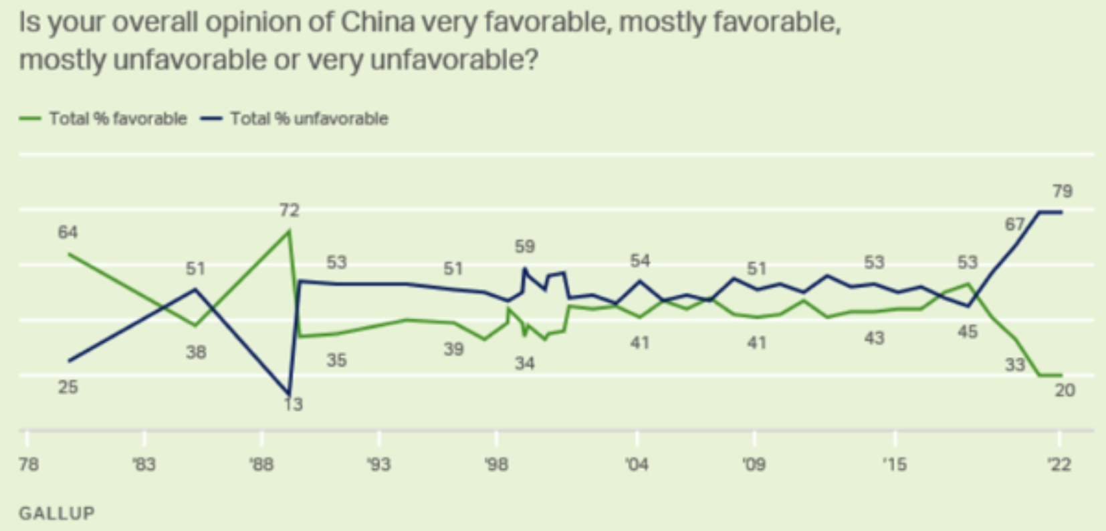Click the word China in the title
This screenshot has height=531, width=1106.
pyautogui.click(x=378, y=22)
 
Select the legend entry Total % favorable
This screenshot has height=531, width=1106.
pyautogui.click(x=117, y=118)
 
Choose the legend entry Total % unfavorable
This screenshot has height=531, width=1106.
pyautogui.click(x=308, y=118)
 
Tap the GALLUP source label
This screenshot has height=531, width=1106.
pyautogui.click(x=57, y=513)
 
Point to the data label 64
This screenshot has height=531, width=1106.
pyautogui.click(x=68, y=232)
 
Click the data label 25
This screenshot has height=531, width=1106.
pyautogui.click(x=68, y=387)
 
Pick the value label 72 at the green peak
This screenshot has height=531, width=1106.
pyautogui.click(x=289, y=210)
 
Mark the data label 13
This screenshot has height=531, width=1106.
pyautogui.click(x=293, y=404)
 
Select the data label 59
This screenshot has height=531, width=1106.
pyautogui.click(x=525, y=246)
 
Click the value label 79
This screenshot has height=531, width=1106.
pyautogui.click(x=1062, y=191)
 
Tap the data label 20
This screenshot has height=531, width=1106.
pyautogui.click(x=1065, y=389)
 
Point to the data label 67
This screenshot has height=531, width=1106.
pyautogui.click(x=1014, y=224)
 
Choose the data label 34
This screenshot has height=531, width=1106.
pyautogui.click(x=525, y=363)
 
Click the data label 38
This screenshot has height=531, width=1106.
pyautogui.click(x=196, y=352)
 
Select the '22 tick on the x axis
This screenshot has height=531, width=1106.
pyautogui.click(x=1059, y=463)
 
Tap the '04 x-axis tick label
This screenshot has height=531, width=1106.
pyautogui.click(x=637, y=463)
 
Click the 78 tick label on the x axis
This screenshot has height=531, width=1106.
pyautogui.click(x=28, y=463)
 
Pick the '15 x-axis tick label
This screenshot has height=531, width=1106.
pyautogui.click(x=894, y=463)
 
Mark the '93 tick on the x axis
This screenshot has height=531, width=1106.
pyautogui.click(x=378, y=463)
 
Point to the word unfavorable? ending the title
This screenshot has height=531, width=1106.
pyautogui.click(x=454, y=60)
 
